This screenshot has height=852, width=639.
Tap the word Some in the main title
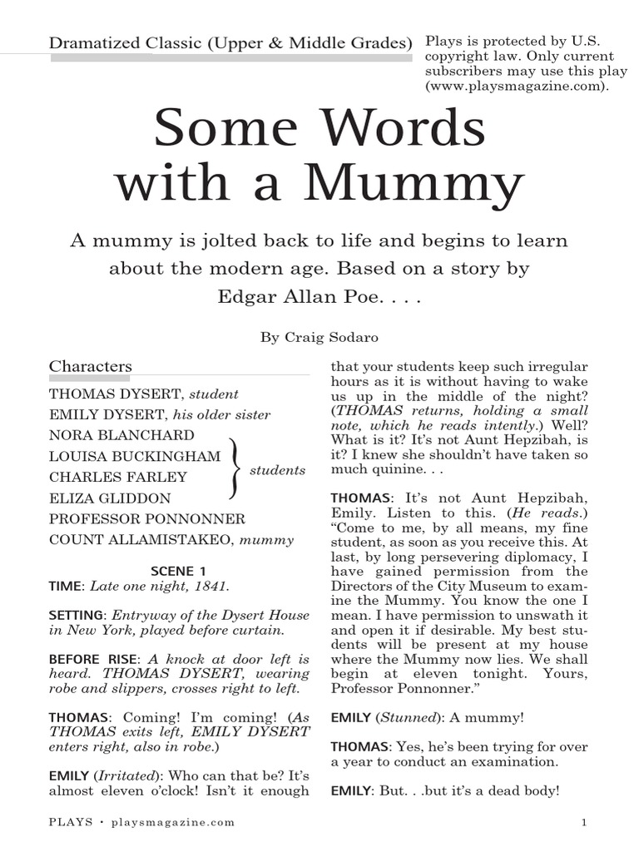[225, 129]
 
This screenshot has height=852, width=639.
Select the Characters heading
[91, 366]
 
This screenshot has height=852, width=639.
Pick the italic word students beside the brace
[278, 470]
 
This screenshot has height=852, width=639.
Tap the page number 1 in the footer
[585, 823]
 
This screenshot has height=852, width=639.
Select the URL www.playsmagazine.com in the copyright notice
[513, 86]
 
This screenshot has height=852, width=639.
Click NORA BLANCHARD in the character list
[121, 435]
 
